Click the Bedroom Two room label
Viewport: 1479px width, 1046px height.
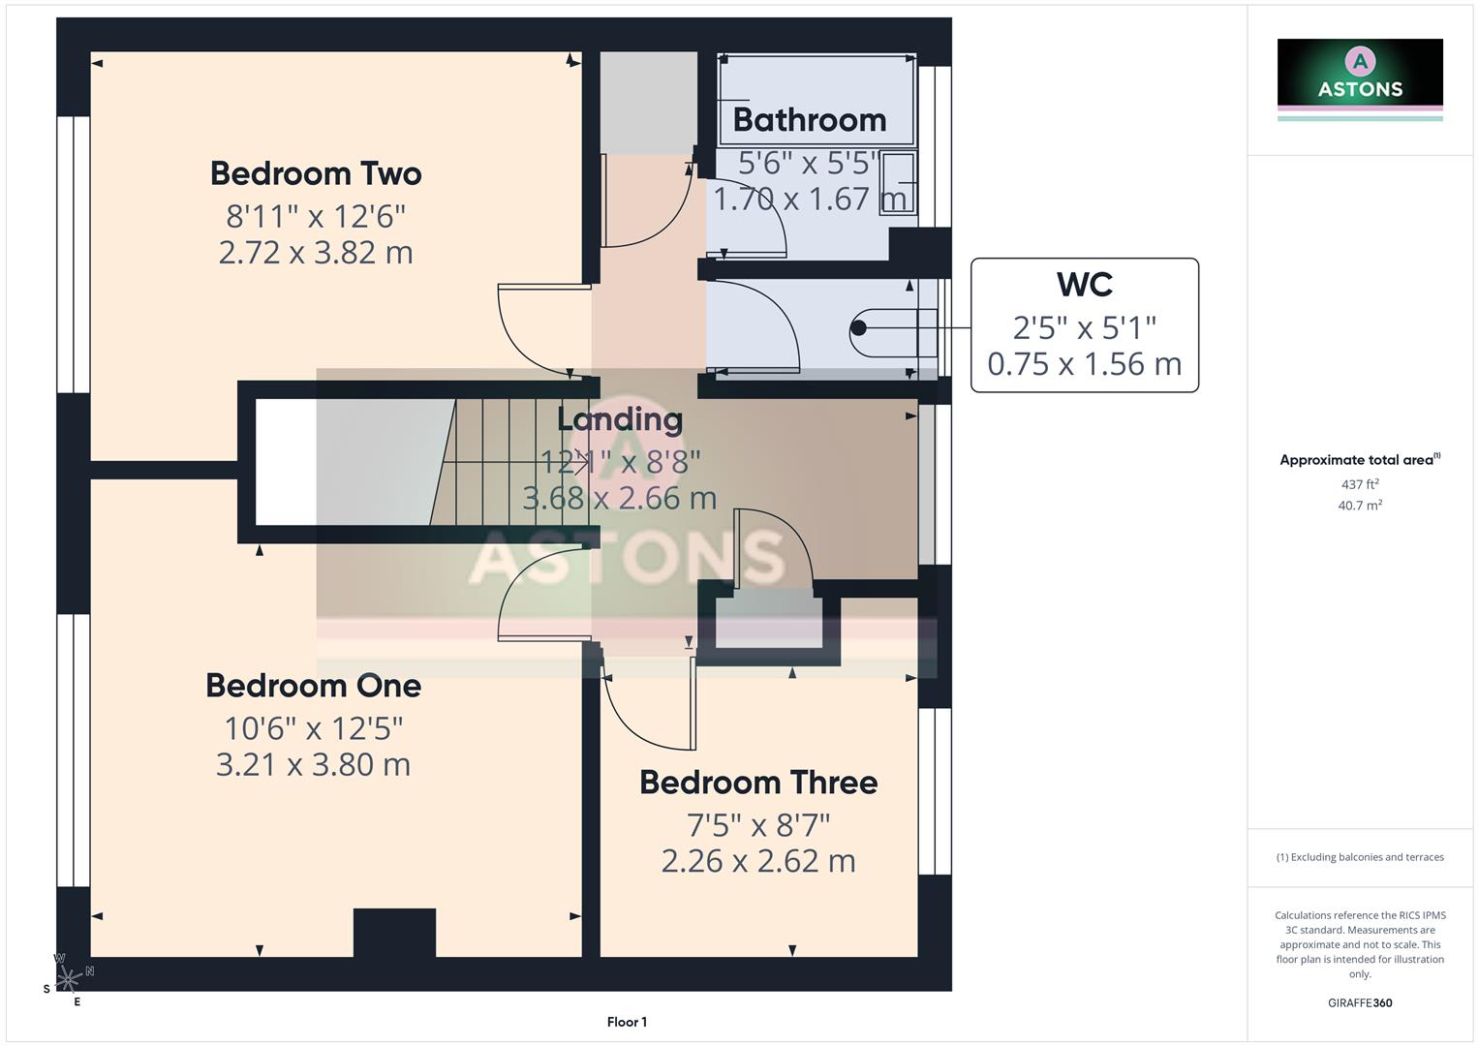pos(316,173)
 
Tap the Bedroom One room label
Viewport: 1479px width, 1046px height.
pos(313,686)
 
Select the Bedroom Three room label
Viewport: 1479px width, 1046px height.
pos(758,783)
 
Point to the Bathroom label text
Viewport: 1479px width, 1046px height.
pos(810,120)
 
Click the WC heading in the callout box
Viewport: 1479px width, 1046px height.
pos(1084,285)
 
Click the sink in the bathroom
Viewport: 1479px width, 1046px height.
pos(898,182)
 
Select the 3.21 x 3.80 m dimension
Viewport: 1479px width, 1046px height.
pos(313,765)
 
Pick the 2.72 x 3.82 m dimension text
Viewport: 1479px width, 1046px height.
pos(316,253)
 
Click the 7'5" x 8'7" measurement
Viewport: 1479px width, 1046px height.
pos(758,825)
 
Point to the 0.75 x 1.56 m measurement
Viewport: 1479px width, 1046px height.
pos(1084,364)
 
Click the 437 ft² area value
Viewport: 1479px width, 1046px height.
pos(1360,484)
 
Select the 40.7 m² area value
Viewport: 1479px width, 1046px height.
pos(1360,506)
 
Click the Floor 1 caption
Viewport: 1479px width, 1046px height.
pos(627,1022)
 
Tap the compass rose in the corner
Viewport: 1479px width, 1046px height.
pos(68,979)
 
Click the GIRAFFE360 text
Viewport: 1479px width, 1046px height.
pos(1360,1003)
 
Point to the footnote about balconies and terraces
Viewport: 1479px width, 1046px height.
pos(1360,857)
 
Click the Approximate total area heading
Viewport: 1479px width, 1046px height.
pos(1359,460)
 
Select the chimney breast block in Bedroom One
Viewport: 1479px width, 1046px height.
pos(394,933)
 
